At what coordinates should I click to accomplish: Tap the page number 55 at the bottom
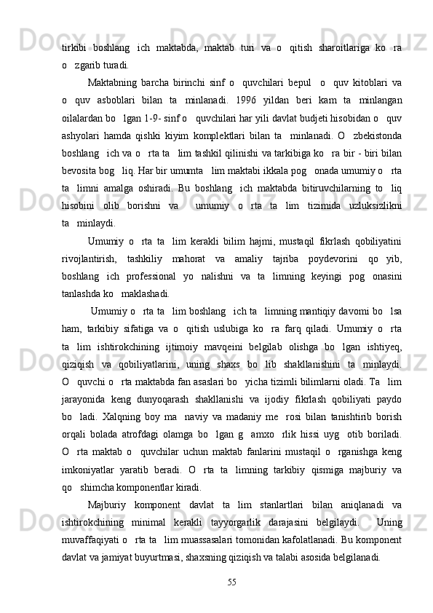[231, 582]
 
